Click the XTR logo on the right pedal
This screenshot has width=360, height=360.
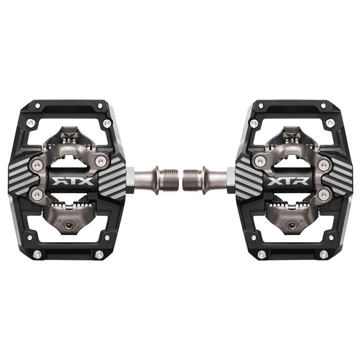click(288, 181)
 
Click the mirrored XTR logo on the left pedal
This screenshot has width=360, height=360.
click(73, 181)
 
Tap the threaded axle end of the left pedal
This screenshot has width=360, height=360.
click(169, 180)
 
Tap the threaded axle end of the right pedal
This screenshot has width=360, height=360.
click(192, 180)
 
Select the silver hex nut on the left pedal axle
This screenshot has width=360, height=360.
click(130, 180)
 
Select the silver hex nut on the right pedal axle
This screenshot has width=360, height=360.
click(231, 180)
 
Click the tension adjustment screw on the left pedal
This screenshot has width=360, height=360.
click(69, 226)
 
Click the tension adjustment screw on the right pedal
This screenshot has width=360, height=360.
click(292, 226)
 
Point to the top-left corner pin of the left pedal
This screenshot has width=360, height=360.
click(37, 106)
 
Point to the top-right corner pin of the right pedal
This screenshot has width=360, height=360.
click(323, 106)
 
